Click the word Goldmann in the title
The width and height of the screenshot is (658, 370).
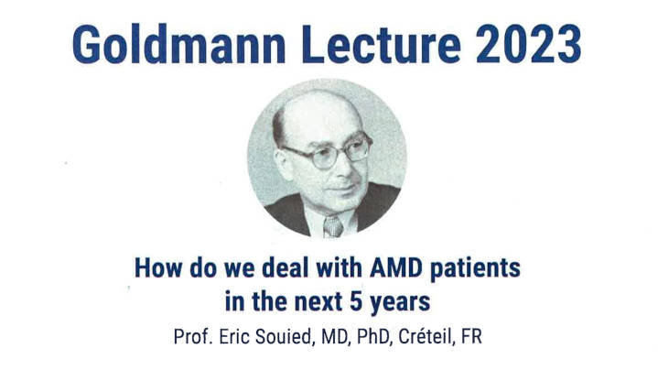[x=179, y=45]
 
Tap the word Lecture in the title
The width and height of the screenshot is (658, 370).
[x=382, y=45]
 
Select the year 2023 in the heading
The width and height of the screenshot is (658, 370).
[x=529, y=45]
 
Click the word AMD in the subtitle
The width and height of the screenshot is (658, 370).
[x=395, y=268]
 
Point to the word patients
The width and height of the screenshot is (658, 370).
[x=476, y=269]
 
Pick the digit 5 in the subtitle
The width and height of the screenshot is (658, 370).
[x=356, y=301]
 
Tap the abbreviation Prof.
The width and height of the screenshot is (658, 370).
[x=193, y=336]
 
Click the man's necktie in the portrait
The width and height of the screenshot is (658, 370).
[x=333, y=227]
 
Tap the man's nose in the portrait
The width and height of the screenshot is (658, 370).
[x=345, y=166]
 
